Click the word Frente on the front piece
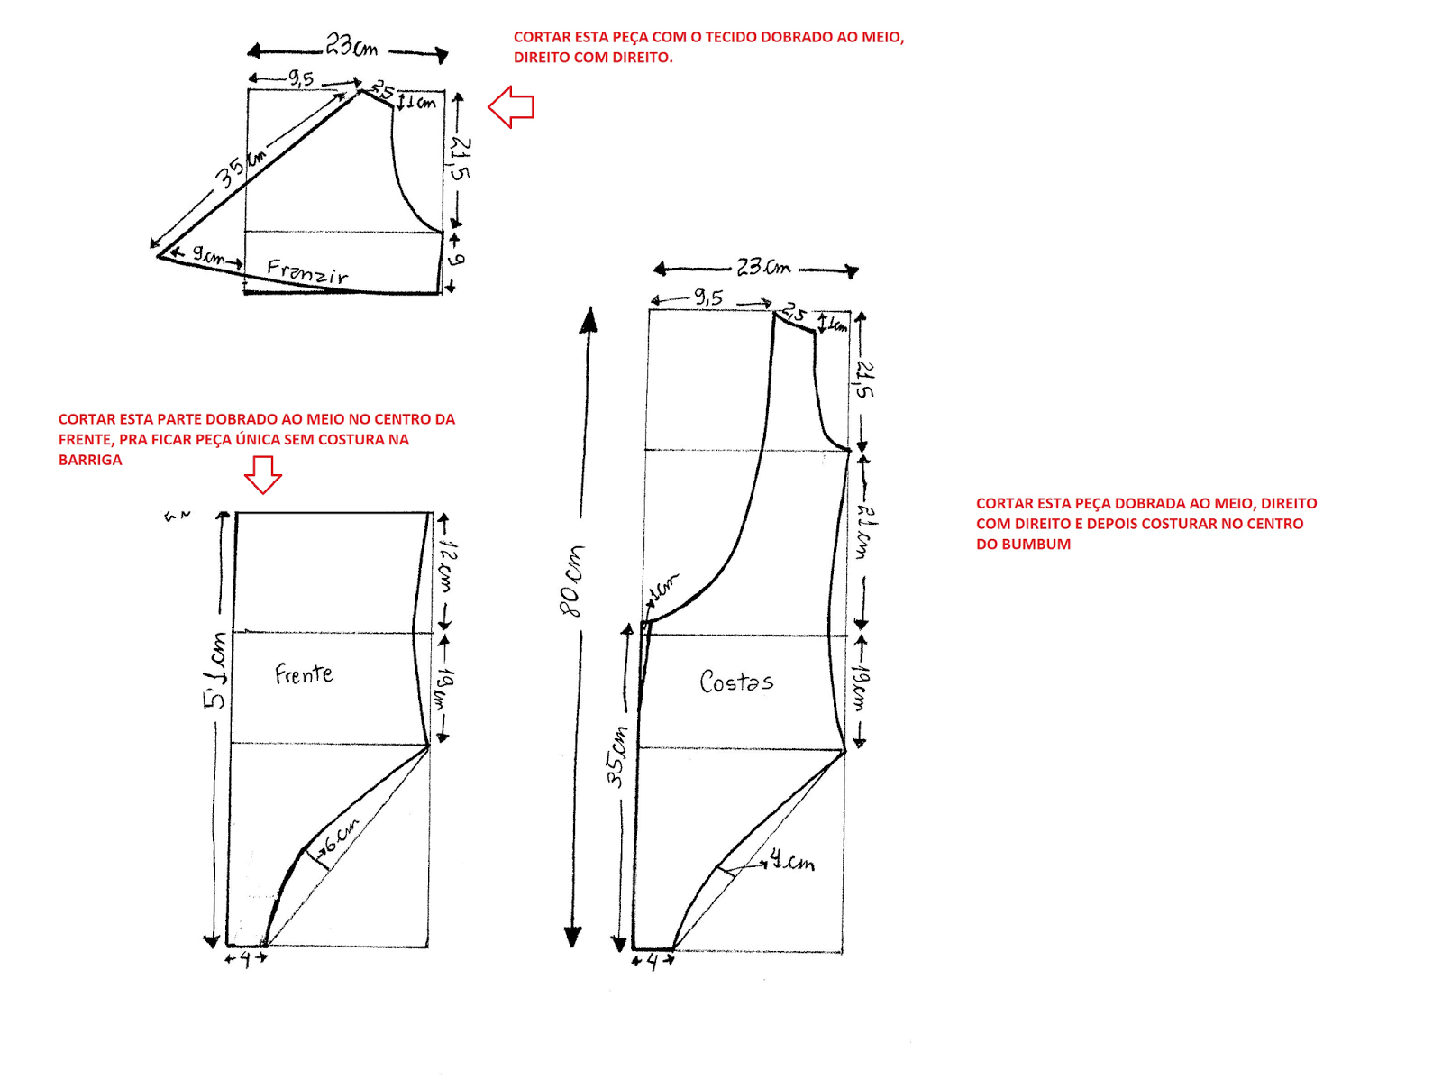coord(304,674)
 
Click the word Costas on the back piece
coord(736,682)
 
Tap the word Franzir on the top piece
coord(307,271)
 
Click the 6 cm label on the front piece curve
coord(342,835)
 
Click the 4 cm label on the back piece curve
coord(792,862)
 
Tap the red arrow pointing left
coord(511,107)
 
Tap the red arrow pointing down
coord(263,474)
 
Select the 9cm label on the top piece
coord(208,256)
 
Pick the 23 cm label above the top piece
coord(351,45)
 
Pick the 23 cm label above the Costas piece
coord(762,267)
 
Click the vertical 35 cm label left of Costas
coord(616,755)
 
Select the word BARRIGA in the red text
coord(90,460)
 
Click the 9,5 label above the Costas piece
coord(708,297)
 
